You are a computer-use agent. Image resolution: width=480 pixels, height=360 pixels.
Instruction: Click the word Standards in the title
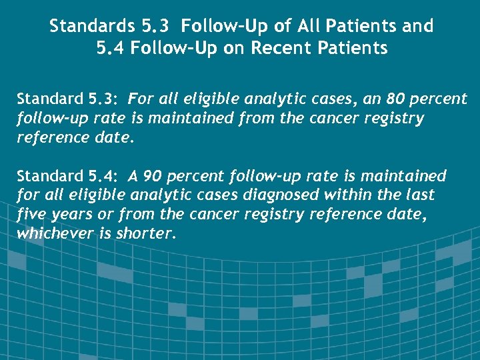point(92,27)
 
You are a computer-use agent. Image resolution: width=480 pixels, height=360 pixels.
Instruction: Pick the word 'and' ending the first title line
point(417,27)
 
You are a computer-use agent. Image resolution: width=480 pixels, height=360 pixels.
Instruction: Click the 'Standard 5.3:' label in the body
point(67,100)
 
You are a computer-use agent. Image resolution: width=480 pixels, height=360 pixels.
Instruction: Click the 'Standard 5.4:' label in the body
point(67,176)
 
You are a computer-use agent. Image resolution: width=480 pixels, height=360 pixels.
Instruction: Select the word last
point(423,195)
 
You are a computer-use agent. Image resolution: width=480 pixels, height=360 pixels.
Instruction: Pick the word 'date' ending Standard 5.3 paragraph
point(108,138)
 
